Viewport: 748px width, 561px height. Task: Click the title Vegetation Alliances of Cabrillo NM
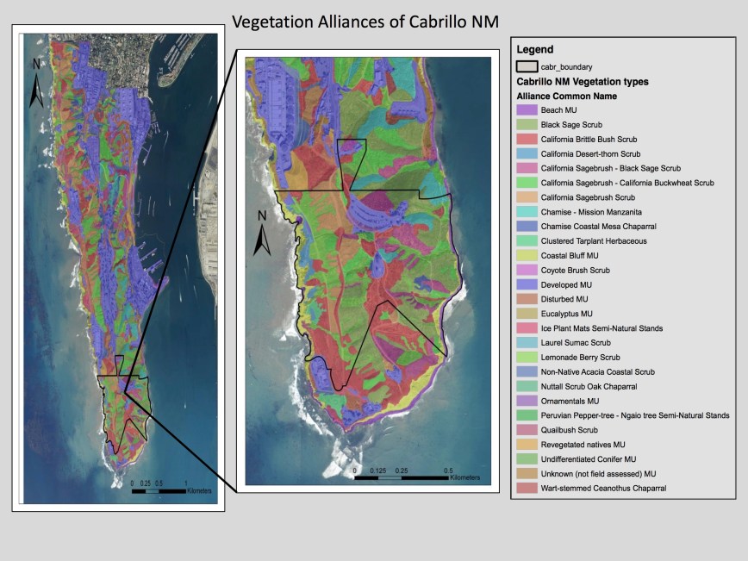365,20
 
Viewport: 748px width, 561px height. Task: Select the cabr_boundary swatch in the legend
526,66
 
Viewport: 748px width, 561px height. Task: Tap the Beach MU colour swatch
526,110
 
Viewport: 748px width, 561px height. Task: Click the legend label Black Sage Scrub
570,125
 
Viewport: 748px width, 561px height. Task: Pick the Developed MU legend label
566,284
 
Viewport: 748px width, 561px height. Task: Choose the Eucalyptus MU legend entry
568,314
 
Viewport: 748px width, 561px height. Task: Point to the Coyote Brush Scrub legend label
573,270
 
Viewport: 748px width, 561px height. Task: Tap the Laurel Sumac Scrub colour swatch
526,343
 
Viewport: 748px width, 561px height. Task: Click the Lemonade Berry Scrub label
579,358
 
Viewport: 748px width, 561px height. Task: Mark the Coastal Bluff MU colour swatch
526,256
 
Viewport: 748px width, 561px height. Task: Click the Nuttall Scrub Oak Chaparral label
593,386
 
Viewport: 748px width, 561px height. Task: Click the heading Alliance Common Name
567,97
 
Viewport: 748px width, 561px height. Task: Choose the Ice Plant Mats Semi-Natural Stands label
602,328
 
